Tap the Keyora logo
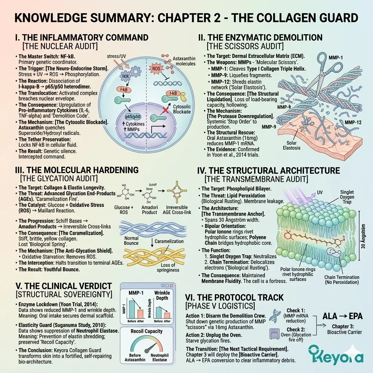coord(335,354)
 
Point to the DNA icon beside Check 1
coord(274,316)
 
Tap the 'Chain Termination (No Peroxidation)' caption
coord(342,280)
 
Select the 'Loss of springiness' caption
coord(168,267)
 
